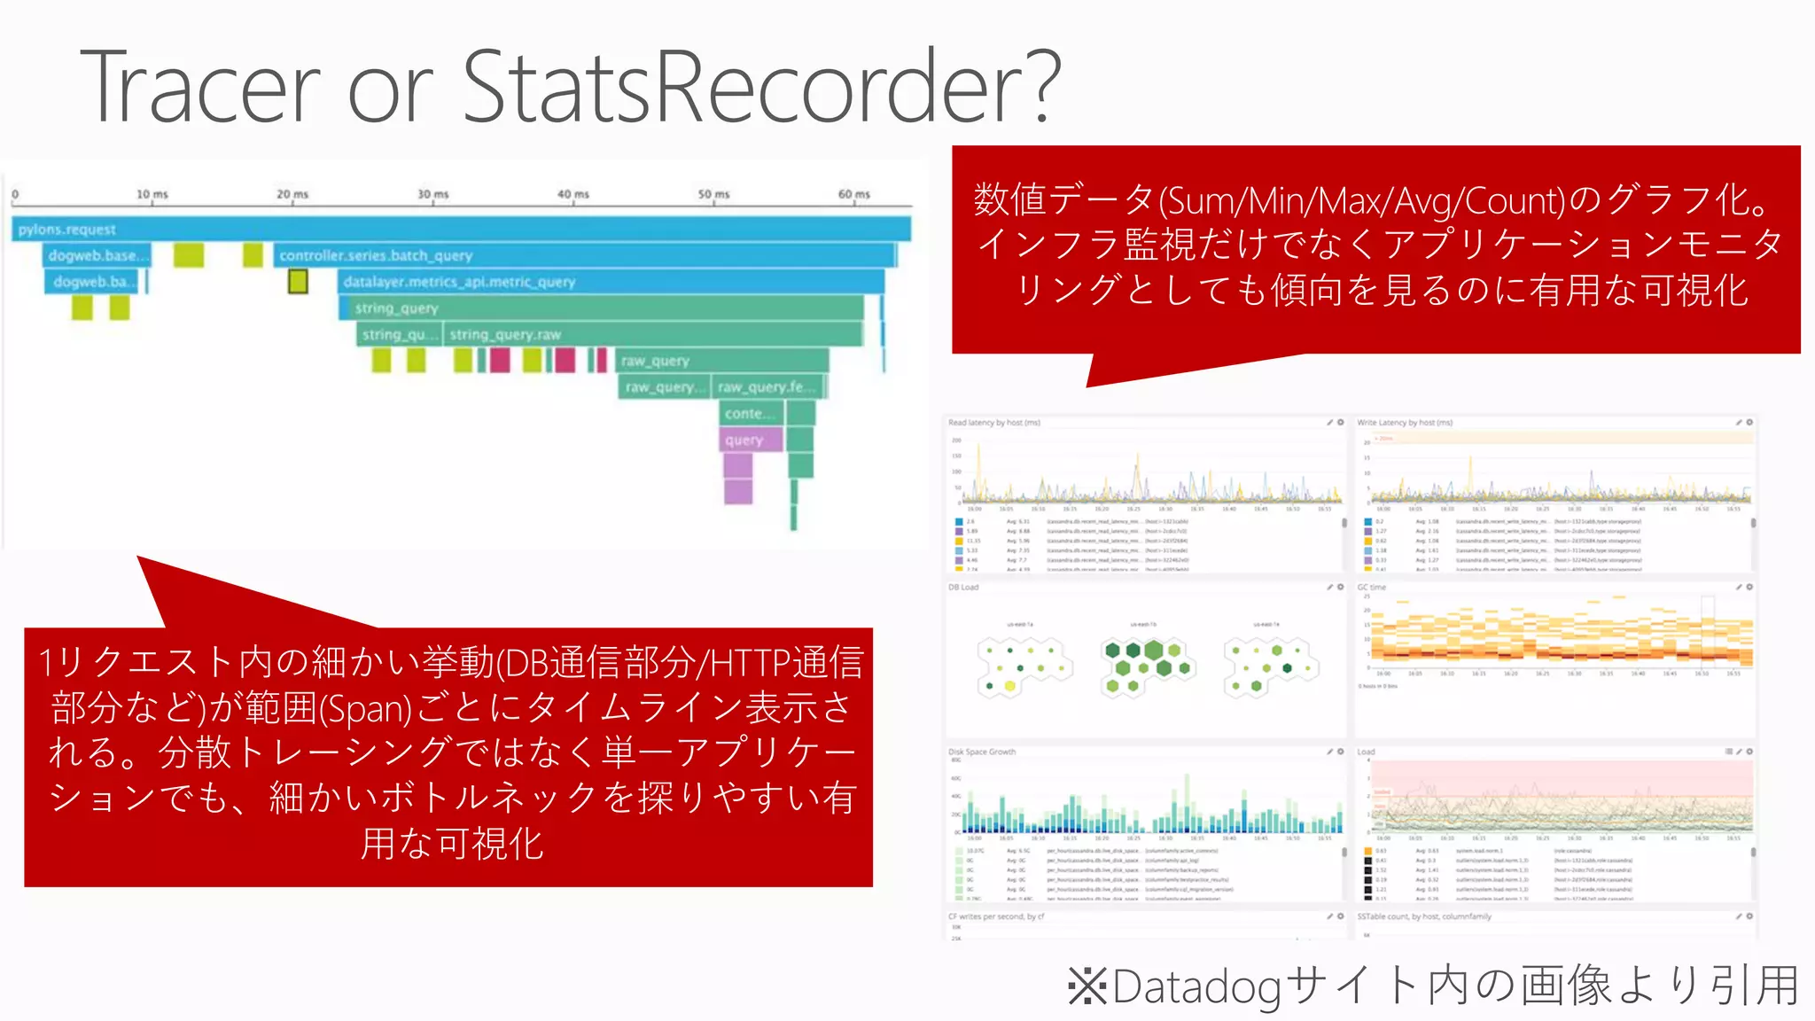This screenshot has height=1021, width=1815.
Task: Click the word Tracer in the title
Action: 200,87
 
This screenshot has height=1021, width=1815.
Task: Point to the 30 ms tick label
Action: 433,194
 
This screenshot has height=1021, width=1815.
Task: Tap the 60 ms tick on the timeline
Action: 854,194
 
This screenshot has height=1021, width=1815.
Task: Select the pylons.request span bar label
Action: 67,230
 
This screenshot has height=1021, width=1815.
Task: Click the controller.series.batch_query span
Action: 376,255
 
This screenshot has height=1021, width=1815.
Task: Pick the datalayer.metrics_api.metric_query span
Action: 459,282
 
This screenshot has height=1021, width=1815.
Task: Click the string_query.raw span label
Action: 505,335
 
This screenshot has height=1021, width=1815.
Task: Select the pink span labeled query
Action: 744,440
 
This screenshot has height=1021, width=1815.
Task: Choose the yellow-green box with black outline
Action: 298,282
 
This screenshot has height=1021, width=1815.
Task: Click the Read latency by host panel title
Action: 994,423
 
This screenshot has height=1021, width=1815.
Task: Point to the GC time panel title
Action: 1371,588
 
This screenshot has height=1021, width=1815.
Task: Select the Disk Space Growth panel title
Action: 982,752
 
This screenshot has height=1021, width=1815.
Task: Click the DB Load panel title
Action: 963,588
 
